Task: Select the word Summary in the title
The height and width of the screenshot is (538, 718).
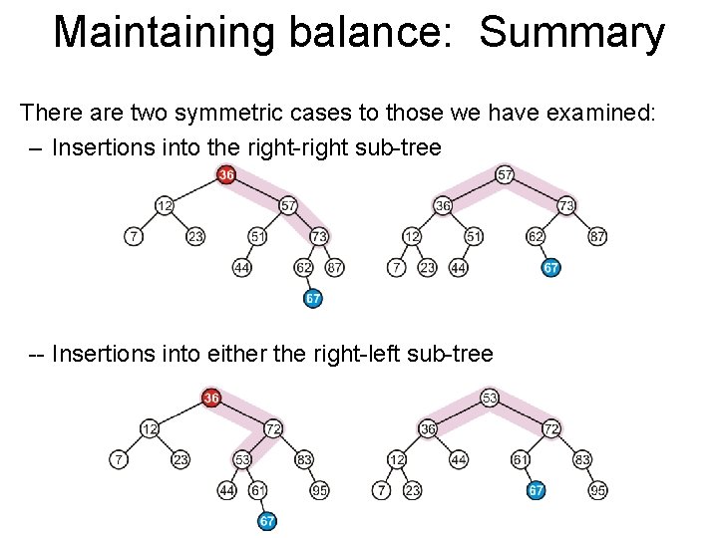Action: [571, 32]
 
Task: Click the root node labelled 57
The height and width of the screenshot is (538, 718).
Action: [506, 175]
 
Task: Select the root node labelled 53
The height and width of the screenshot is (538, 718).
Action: [490, 399]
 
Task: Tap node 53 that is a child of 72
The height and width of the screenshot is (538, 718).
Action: [242, 459]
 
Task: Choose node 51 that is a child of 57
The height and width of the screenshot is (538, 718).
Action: [258, 236]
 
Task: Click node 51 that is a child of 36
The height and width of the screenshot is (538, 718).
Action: [474, 236]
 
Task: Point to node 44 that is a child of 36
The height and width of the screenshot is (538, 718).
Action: [458, 459]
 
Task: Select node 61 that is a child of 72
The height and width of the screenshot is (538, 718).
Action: [521, 459]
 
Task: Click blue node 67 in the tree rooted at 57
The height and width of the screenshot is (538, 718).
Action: [551, 268]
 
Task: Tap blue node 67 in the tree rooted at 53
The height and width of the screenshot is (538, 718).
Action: [537, 490]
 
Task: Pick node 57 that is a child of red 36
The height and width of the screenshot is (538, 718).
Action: [288, 205]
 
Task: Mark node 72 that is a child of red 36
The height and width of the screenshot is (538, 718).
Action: [272, 428]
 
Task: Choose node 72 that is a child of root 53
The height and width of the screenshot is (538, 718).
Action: [551, 428]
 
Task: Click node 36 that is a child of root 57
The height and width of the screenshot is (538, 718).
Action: [443, 205]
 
